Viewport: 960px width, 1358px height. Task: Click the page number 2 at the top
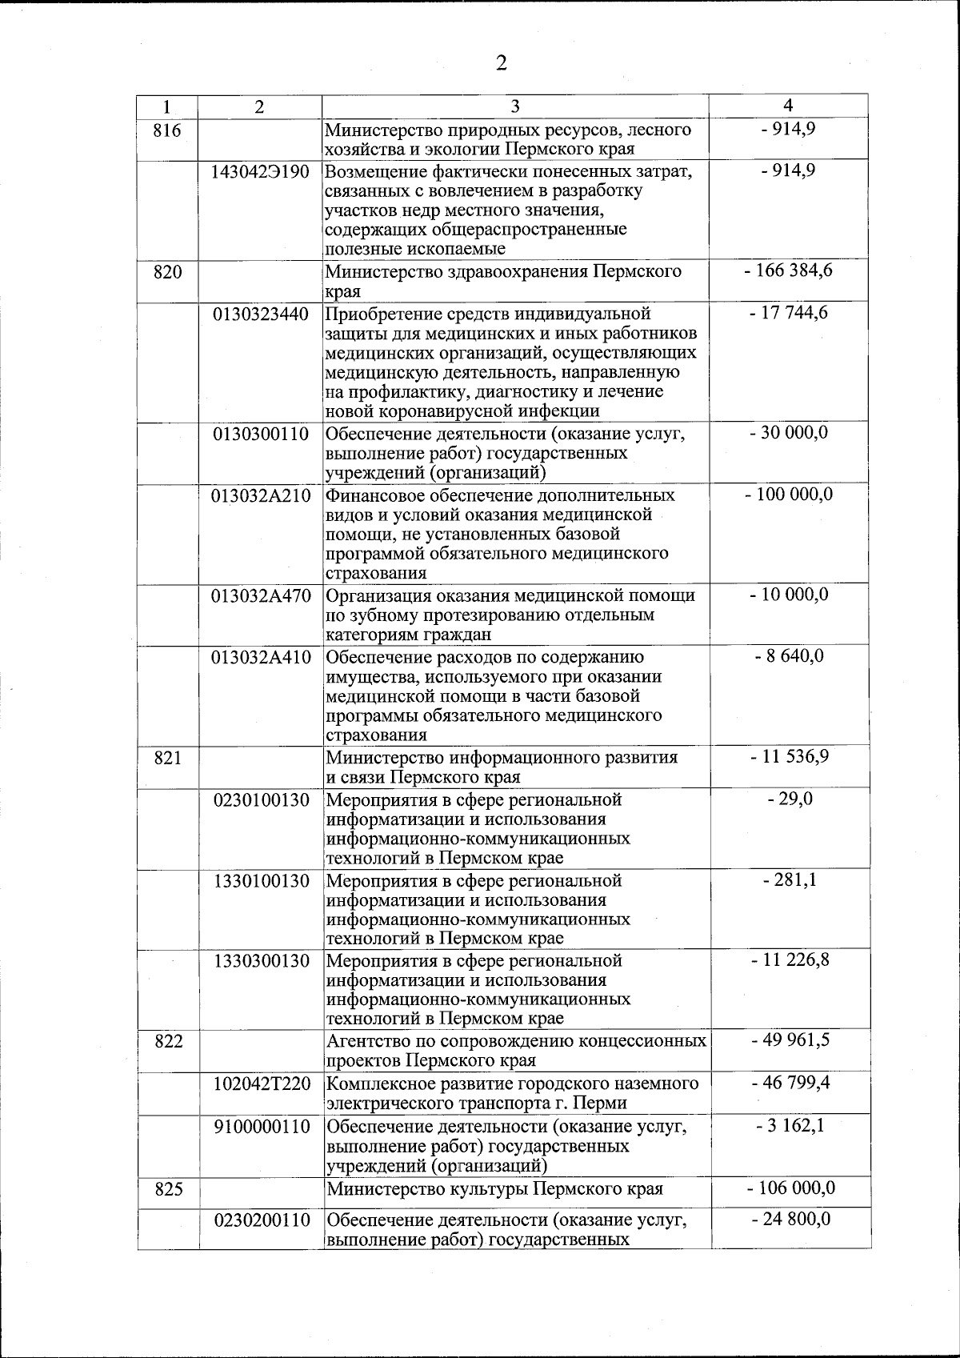point(501,63)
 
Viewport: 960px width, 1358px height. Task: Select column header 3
point(515,106)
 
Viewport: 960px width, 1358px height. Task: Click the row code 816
point(166,130)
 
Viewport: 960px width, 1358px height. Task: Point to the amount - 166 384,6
point(788,270)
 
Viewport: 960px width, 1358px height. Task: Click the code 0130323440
point(261,314)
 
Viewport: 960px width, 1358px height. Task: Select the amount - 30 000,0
point(788,433)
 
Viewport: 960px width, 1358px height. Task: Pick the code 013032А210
point(261,495)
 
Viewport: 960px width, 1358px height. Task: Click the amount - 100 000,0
point(788,495)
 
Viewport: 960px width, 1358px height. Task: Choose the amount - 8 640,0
point(788,657)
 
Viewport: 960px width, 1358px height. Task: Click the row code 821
point(167,757)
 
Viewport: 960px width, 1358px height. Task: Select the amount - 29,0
point(788,799)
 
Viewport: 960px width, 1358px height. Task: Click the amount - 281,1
point(788,880)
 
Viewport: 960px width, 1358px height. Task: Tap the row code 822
point(167,1041)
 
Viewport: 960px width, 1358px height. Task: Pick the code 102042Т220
point(261,1084)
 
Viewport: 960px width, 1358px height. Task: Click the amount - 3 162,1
point(788,1126)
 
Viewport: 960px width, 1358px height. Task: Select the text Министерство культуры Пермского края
point(495,1188)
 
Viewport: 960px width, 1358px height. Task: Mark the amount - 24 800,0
point(788,1219)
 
